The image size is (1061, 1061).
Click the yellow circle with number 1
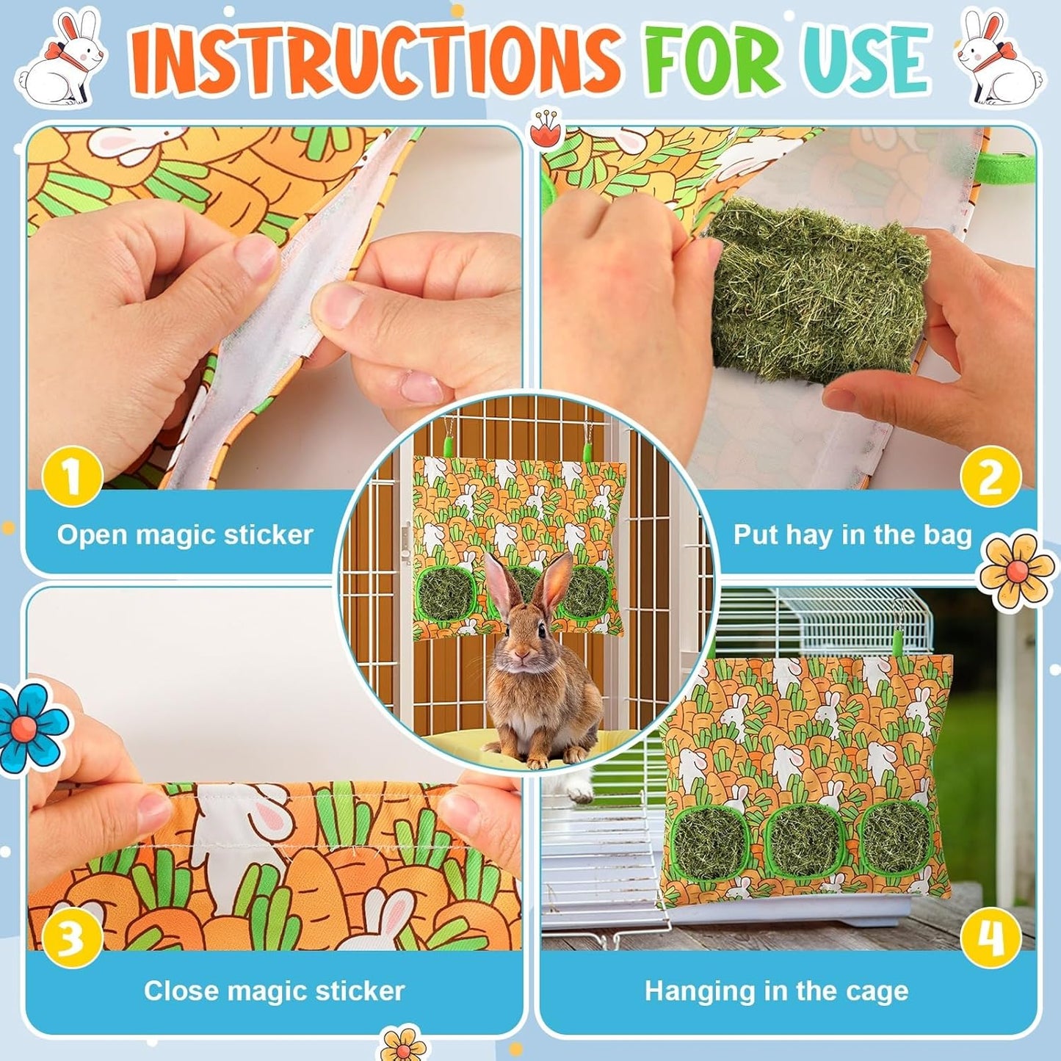click(x=71, y=477)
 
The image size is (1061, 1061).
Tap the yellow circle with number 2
click(x=990, y=477)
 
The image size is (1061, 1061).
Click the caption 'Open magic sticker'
click(x=185, y=535)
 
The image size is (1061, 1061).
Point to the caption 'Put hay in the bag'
click(x=852, y=535)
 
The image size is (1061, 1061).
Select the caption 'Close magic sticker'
click(x=274, y=991)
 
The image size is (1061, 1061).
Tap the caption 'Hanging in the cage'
click(x=776, y=991)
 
